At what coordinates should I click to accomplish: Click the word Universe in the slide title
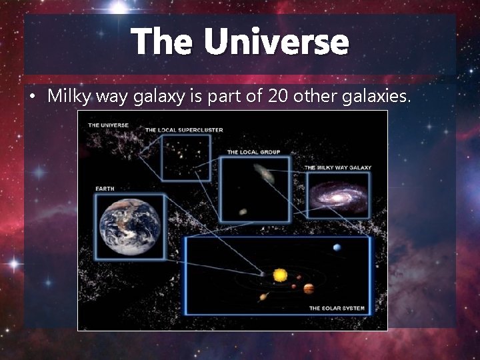276,42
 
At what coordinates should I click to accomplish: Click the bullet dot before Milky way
33,97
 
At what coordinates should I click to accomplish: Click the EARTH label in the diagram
105,189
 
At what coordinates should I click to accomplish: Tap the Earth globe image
130,225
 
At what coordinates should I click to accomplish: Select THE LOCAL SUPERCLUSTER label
184,129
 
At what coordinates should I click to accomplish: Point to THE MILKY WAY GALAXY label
338,167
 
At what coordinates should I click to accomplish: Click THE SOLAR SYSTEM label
337,308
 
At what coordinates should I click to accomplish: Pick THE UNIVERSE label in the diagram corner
109,125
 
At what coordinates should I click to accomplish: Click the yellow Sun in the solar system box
280,275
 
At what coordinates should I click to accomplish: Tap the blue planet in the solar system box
337,247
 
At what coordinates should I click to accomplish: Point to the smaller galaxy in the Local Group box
243,211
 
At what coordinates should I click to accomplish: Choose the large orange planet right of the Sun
309,289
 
